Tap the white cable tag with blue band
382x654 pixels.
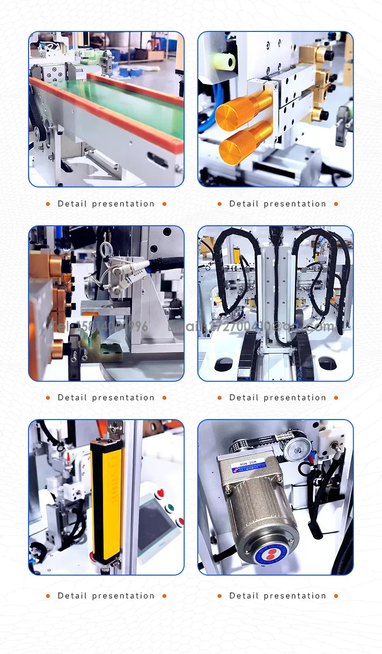coord(139,271)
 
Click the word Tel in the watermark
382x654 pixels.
coord(60,326)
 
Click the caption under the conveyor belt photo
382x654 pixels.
coord(106,204)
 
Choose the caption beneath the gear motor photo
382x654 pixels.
coord(278,596)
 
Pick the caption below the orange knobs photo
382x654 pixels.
coord(278,204)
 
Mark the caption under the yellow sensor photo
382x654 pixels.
coord(106,596)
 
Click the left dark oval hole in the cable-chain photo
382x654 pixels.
coord(223,364)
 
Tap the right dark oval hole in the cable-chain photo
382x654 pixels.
coord(327,363)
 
